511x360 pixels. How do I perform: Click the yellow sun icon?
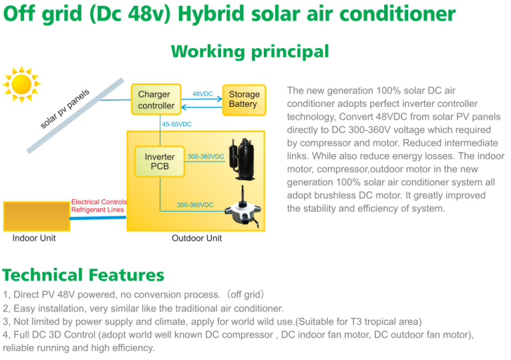coord(21,84)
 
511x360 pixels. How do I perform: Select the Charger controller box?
coord(156,100)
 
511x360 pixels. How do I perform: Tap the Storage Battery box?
coord(244,100)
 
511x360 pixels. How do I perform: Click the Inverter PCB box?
coord(160,161)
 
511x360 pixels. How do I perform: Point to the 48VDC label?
coord(202,94)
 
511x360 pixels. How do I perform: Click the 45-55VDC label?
coord(176,124)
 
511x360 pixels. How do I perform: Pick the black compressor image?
coord(242,159)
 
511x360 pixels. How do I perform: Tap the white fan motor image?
coord(242,208)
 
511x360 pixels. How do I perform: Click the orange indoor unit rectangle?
coord(37,216)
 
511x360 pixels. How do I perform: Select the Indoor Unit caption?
coord(34,238)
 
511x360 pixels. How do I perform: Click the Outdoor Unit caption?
coord(196,238)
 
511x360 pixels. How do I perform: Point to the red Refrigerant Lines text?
coord(98,210)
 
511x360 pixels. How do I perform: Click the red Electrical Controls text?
coord(99,202)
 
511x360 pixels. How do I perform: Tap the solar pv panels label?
coord(65,109)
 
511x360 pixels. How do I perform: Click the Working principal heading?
coord(250,52)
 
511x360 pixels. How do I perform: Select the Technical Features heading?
coord(83,275)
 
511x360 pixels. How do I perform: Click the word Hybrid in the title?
coord(211,14)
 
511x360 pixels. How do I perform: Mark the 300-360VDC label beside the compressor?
coord(206,156)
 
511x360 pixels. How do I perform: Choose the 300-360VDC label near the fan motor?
coord(195,205)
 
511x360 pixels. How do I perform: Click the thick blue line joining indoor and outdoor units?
coord(98,218)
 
